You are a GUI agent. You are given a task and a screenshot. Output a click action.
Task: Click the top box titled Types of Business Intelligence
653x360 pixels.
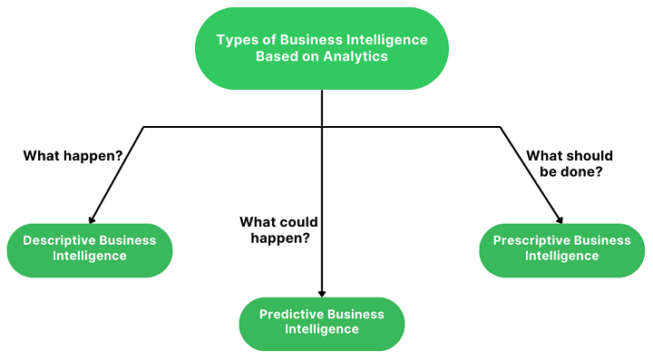click(x=322, y=48)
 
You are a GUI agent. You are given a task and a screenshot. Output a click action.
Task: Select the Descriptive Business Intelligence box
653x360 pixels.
click(x=89, y=249)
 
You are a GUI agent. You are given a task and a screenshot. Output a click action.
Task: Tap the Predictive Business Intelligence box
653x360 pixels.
click(x=322, y=323)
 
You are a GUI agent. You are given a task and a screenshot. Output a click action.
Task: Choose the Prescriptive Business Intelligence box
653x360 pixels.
click(x=561, y=249)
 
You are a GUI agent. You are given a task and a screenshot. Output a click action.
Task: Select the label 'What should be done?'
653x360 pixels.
click(x=569, y=164)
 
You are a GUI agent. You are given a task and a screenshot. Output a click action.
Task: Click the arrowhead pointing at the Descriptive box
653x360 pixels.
click(x=91, y=219)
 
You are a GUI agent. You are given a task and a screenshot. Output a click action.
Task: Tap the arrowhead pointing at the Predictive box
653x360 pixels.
click(x=322, y=292)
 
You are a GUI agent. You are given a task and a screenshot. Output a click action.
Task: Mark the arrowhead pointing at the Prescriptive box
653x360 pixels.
click(x=560, y=219)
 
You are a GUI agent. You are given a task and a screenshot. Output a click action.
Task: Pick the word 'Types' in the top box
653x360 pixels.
click(x=237, y=40)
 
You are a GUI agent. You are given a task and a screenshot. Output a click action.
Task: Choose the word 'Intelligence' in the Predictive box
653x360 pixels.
click(x=322, y=330)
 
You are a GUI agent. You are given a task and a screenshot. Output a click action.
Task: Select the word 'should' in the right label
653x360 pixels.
click(x=591, y=156)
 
